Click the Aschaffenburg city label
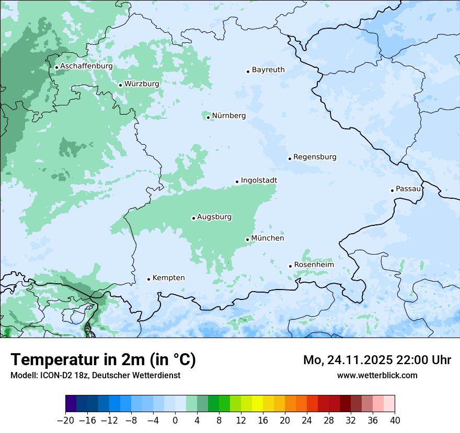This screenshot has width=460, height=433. (x=86, y=66)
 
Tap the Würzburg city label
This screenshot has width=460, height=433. (x=142, y=83)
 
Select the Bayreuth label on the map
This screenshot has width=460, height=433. (x=268, y=70)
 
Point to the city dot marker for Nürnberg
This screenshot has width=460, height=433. (x=208, y=117)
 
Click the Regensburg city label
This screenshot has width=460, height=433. (x=315, y=157)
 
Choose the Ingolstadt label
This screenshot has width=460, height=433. (x=259, y=181)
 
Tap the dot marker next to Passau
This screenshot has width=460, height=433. (x=392, y=190)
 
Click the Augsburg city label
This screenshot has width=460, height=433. (x=214, y=217)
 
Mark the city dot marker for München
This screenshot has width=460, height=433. (x=247, y=240)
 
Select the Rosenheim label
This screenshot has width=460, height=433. (x=314, y=265)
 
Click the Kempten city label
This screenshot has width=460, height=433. (x=168, y=278)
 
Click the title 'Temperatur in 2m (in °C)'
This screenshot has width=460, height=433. (x=103, y=360)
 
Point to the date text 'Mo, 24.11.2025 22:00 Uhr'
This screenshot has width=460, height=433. (x=377, y=360)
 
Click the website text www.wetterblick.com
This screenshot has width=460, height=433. (x=377, y=375)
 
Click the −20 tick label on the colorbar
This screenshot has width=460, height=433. (x=65, y=420)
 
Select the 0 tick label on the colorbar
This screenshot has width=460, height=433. (x=175, y=420)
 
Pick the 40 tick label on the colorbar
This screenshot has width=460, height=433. (x=395, y=420)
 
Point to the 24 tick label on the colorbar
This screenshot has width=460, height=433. (x=307, y=420)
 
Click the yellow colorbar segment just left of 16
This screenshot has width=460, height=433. (x=257, y=404)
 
